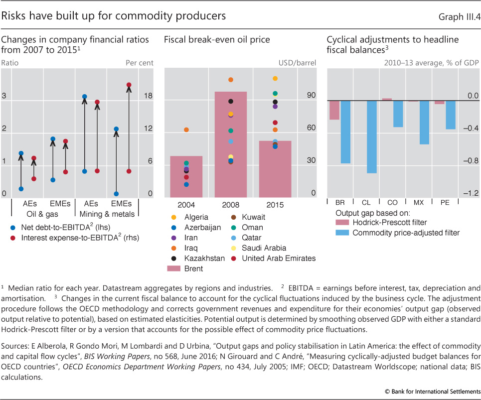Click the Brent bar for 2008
231,149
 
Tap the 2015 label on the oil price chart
275,205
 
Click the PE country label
445,203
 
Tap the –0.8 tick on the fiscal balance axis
470,161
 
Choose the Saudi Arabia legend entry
263,248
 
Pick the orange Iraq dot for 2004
186,130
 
